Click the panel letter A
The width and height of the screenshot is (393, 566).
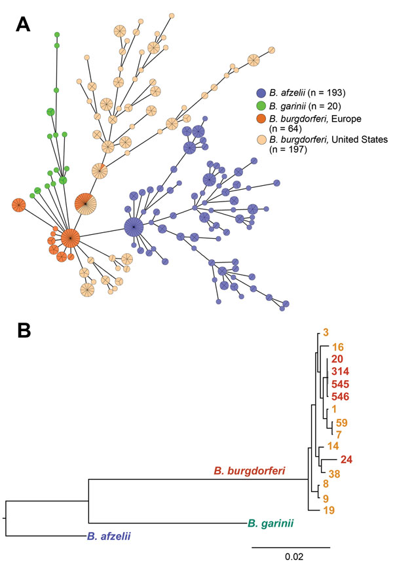coord(23,25)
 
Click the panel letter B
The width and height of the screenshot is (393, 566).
coord(24,330)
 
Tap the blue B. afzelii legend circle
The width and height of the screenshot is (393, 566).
coord(261,93)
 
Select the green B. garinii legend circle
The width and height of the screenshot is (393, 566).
coord(261,106)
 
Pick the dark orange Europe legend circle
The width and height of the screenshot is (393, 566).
coord(261,119)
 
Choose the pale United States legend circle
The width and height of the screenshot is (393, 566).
coord(261,140)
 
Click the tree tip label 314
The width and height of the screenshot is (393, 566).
coord(340,372)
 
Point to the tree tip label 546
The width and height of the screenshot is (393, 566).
coord(340,397)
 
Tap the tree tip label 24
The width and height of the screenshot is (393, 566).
coord(346,459)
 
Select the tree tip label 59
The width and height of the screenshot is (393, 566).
coord(342,422)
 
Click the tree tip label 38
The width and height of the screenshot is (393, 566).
coord(335,474)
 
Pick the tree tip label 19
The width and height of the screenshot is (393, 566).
coord(329,510)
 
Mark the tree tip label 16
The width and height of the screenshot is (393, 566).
coord(338,347)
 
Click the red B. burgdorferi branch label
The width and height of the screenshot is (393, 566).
coord(250,470)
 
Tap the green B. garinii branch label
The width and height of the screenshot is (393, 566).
coord(271,523)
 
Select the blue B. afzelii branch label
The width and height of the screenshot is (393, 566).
coord(109,536)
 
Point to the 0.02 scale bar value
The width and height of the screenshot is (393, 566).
coord(294,556)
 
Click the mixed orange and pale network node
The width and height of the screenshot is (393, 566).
coord(86,204)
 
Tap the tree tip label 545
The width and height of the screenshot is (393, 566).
coord(340,384)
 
